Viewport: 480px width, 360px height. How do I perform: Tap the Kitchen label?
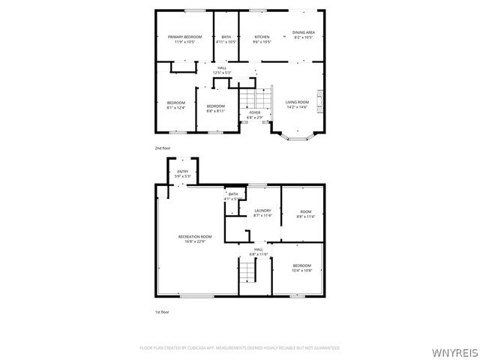pos(262,37)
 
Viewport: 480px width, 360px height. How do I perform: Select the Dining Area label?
pos(303,32)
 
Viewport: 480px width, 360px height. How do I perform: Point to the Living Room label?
pos(297,102)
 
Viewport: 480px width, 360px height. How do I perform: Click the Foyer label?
pos(255,112)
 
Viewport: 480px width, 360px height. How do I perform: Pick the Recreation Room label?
pos(194,236)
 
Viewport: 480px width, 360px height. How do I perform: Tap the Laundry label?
pos(262,211)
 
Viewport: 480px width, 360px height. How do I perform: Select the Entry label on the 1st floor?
pos(183,172)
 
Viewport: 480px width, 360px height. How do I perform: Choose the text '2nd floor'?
pos(163,148)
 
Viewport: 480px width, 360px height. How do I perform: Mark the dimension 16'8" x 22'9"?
pos(194,241)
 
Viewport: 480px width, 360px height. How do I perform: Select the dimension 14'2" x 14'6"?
pos(297,107)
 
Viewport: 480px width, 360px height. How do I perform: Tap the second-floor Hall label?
pos(222,68)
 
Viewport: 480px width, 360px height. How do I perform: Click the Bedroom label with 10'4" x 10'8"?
pos(301,265)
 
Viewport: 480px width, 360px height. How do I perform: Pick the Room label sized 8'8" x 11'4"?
pos(306,211)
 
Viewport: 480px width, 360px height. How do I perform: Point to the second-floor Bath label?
pos(226,37)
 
